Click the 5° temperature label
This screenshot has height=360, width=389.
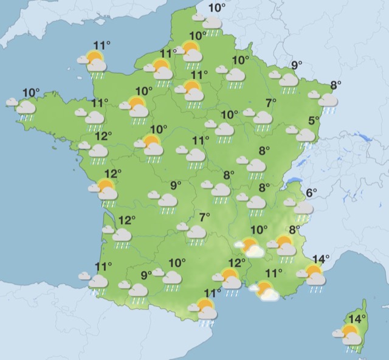pyautogui.click(x=314, y=120)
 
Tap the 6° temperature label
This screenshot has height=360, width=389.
pyautogui.click(x=311, y=193)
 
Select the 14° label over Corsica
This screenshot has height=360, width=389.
pyautogui.click(x=357, y=318)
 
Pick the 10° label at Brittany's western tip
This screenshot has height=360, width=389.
pyautogui.click(x=31, y=93)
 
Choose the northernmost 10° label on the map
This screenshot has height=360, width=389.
pyautogui.click(x=216, y=8)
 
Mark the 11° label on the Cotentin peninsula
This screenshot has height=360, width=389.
pyautogui.click(x=102, y=44)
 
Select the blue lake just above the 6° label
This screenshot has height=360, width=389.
pyautogui.click(x=294, y=180)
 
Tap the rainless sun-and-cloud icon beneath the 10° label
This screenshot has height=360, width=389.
pyautogui.click(x=250, y=246)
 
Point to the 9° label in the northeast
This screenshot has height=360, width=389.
pyautogui.click(x=297, y=66)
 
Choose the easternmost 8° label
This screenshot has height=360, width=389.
pyautogui.click(x=336, y=85)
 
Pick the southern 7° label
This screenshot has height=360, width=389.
pyautogui.click(x=205, y=217)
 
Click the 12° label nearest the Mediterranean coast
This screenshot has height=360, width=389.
pyautogui.click(x=236, y=263)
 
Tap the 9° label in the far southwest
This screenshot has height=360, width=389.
pyautogui.click(x=146, y=275)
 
